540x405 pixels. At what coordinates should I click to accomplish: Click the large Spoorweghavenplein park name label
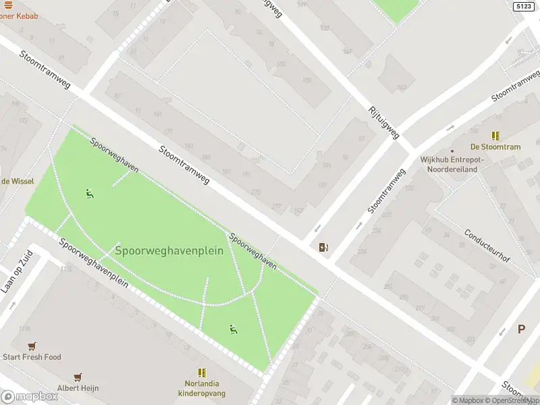coord(169,250)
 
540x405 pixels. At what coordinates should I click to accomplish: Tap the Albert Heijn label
coord(76,388)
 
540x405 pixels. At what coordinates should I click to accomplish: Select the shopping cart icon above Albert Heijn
coord(79,377)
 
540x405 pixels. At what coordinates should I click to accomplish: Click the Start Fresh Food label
coord(32,357)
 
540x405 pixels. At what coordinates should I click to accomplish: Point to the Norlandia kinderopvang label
coord(201,388)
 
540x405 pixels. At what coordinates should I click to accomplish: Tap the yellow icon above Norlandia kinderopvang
coord(201,372)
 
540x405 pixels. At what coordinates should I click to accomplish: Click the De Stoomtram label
coord(495,147)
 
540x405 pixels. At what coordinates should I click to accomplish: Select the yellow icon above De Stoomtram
coord(496,136)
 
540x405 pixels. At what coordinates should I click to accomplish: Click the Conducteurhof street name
coord(487,246)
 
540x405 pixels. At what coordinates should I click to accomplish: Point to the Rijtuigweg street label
coord(383,123)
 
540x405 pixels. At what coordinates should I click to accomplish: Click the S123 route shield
coord(523,6)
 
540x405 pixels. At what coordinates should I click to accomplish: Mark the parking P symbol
coord(521,329)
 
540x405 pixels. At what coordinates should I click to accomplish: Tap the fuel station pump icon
coord(324,247)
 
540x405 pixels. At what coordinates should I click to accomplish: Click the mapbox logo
coord(30,397)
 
